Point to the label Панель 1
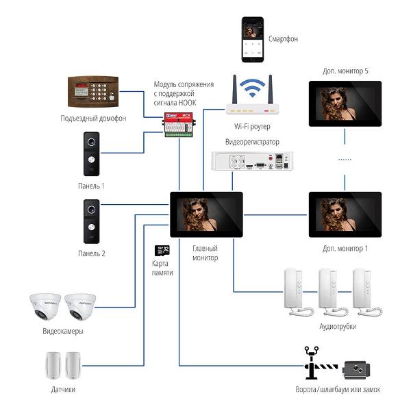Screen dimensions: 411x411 tap(91, 186)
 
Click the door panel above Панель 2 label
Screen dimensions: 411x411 tap(92, 221)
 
